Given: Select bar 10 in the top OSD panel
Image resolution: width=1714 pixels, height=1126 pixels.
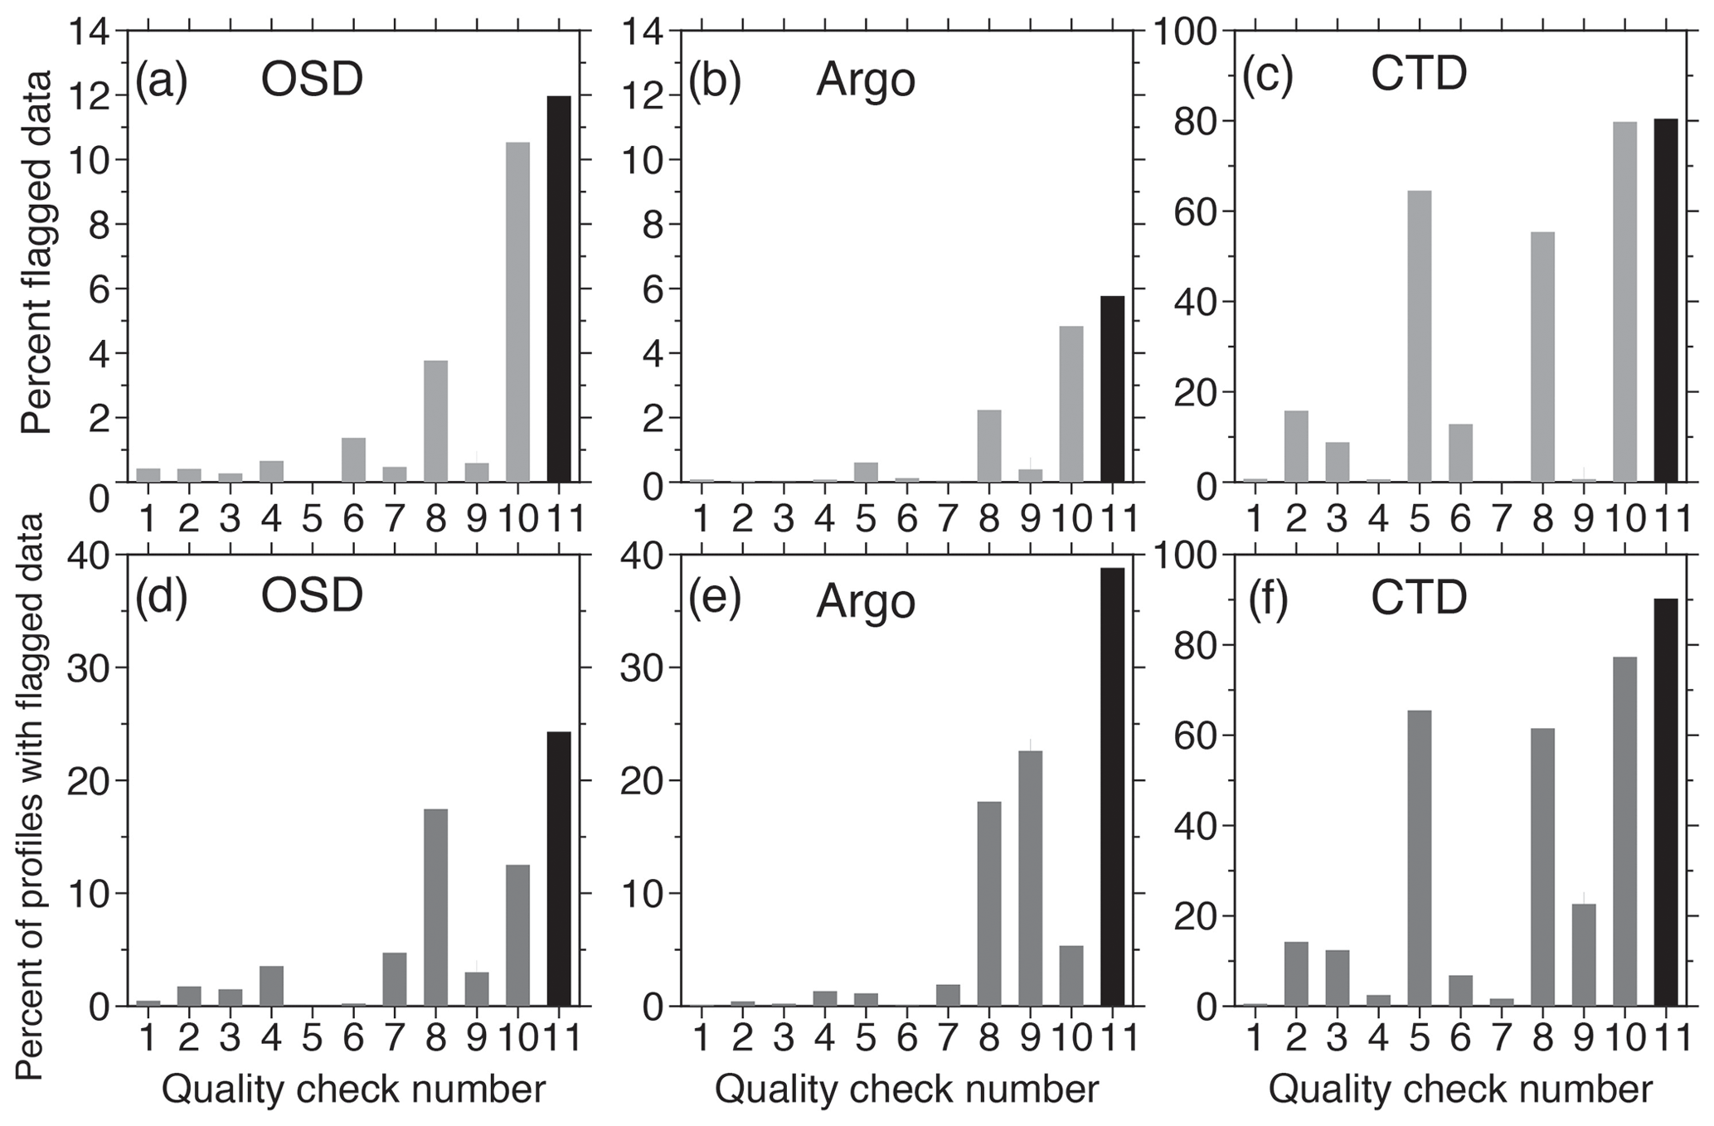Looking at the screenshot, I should pyautogui.click(x=517, y=312).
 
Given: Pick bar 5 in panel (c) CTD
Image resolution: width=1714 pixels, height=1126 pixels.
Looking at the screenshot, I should pyautogui.click(x=1419, y=336).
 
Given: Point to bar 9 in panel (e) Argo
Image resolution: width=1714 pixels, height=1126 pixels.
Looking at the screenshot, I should pyautogui.click(x=1030, y=878).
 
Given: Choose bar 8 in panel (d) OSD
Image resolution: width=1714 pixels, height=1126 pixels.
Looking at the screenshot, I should pyautogui.click(x=435, y=907).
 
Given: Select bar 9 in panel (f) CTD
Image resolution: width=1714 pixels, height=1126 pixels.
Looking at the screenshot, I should pyautogui.click(x=1583, y=954).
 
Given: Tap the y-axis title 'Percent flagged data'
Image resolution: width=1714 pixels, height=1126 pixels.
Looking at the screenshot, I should pyautogui.click(x=38, y=252).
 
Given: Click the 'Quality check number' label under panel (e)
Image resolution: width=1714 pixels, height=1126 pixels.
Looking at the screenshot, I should pyautogui.click(x=907, y=1090).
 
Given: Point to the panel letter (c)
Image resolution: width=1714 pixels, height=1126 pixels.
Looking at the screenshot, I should pyautogui.click(x=1267, y=78).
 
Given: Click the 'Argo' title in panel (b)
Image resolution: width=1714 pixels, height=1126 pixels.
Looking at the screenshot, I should pyautogui.click(x=865, y=80).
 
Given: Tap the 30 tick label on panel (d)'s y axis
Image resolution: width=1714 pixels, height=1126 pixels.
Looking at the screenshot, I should pyautogui.click(x=89, y=668).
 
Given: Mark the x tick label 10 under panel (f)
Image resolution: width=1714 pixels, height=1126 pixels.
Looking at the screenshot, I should pyautogui.click(x=1625, y=1036).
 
